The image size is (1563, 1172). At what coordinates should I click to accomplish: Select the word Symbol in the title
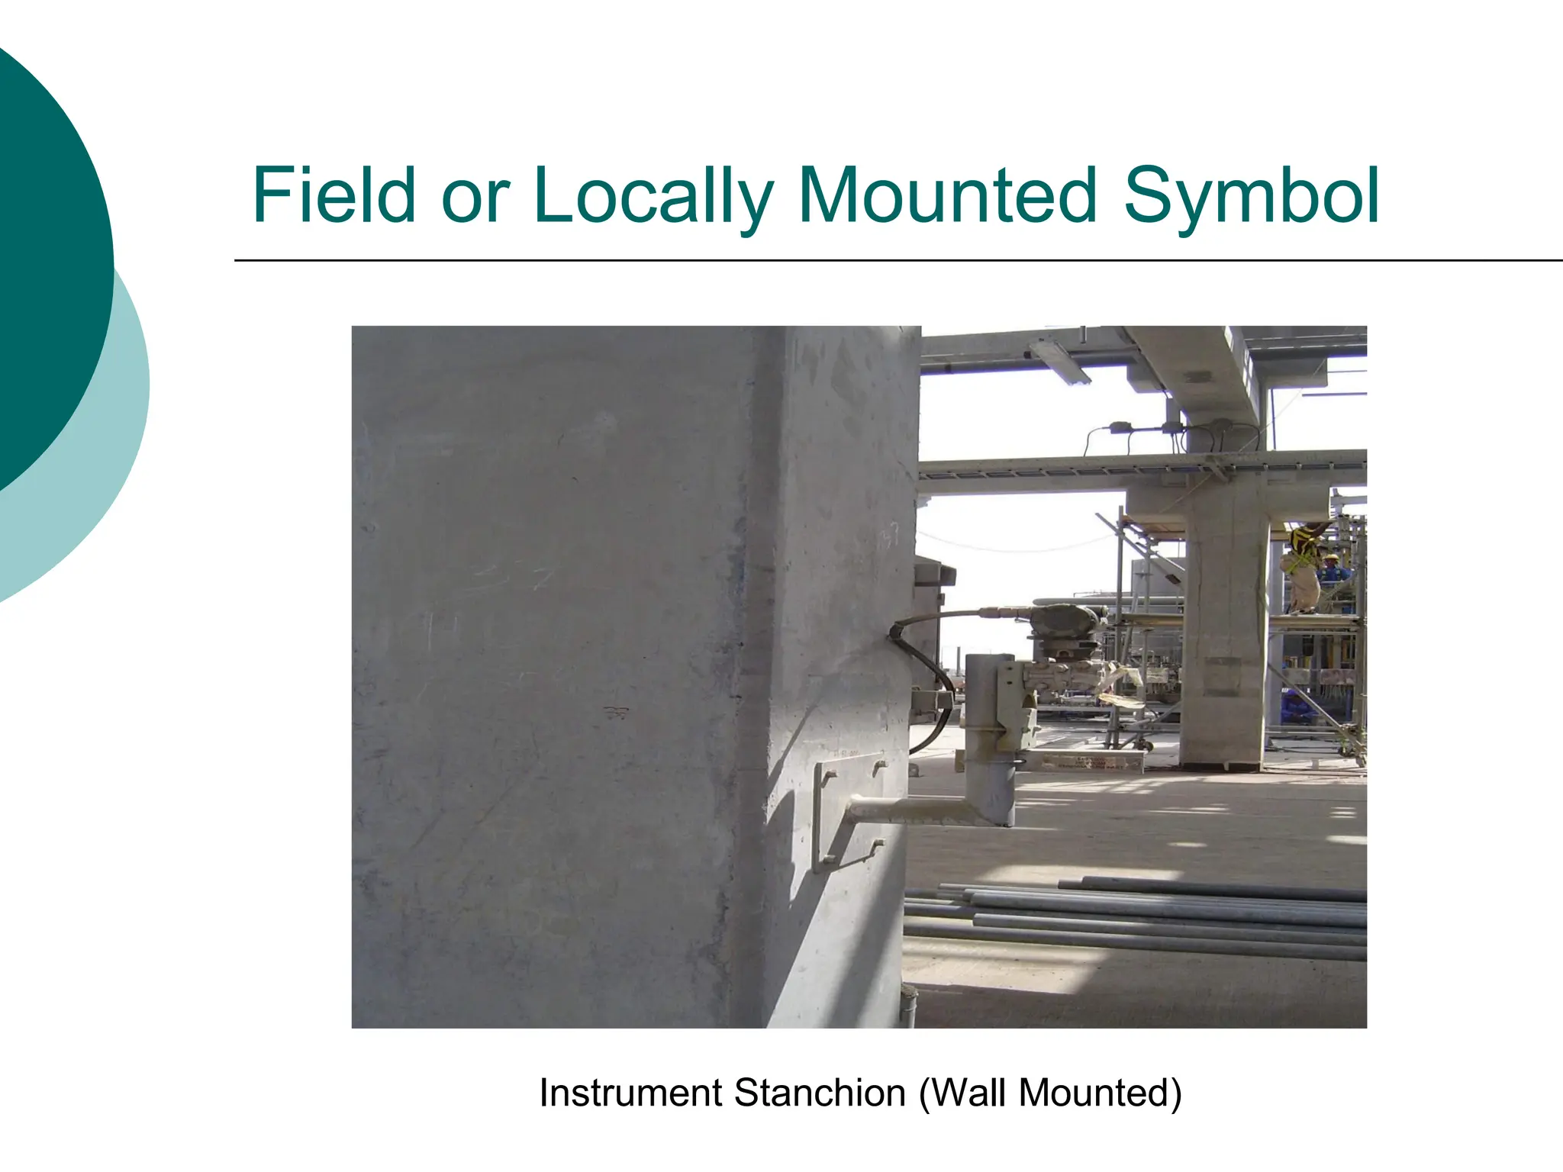pos(1251,197)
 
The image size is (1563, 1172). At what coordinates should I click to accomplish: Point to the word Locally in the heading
pos(653,197)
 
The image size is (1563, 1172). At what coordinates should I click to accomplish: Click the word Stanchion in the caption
pos(820,1093)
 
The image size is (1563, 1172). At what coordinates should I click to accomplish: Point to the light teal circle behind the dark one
pos(114,458)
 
